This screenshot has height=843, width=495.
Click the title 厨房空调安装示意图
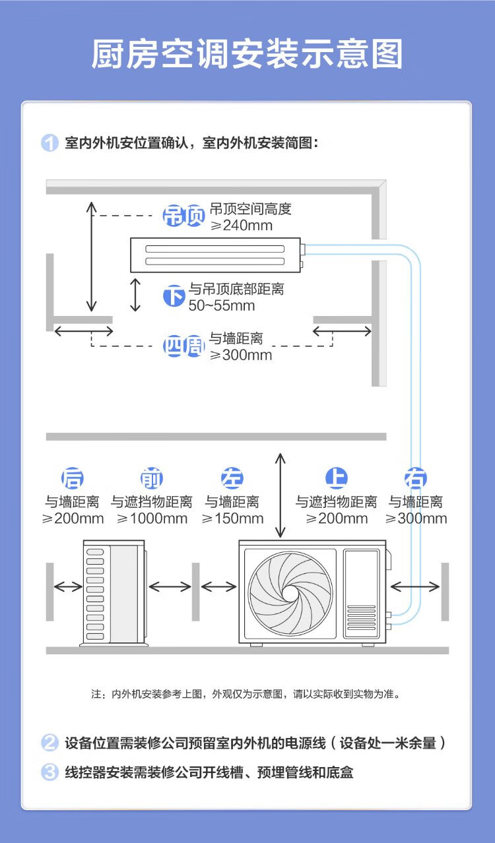point(247,54)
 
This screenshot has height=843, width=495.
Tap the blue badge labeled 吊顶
point(183,216)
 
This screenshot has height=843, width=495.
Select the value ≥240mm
point(241,225)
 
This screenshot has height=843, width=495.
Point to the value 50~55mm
point(222,305)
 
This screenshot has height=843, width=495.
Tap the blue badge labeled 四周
point(183,346)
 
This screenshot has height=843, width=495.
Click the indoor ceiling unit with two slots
point(215,254)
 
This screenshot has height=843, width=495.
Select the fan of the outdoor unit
point(291,586)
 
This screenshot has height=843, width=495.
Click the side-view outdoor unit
point(113,592)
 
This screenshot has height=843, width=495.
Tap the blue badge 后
point(73,478)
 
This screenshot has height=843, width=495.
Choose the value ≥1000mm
point(152,518)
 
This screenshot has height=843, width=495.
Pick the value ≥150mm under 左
point(232,518)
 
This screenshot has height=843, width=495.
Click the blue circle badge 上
point(337,478)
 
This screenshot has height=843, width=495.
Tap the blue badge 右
point(416,478)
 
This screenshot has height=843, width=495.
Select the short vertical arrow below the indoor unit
point(136,294)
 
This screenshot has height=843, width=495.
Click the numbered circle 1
point(50,143)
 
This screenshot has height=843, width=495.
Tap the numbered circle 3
point(50,772)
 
